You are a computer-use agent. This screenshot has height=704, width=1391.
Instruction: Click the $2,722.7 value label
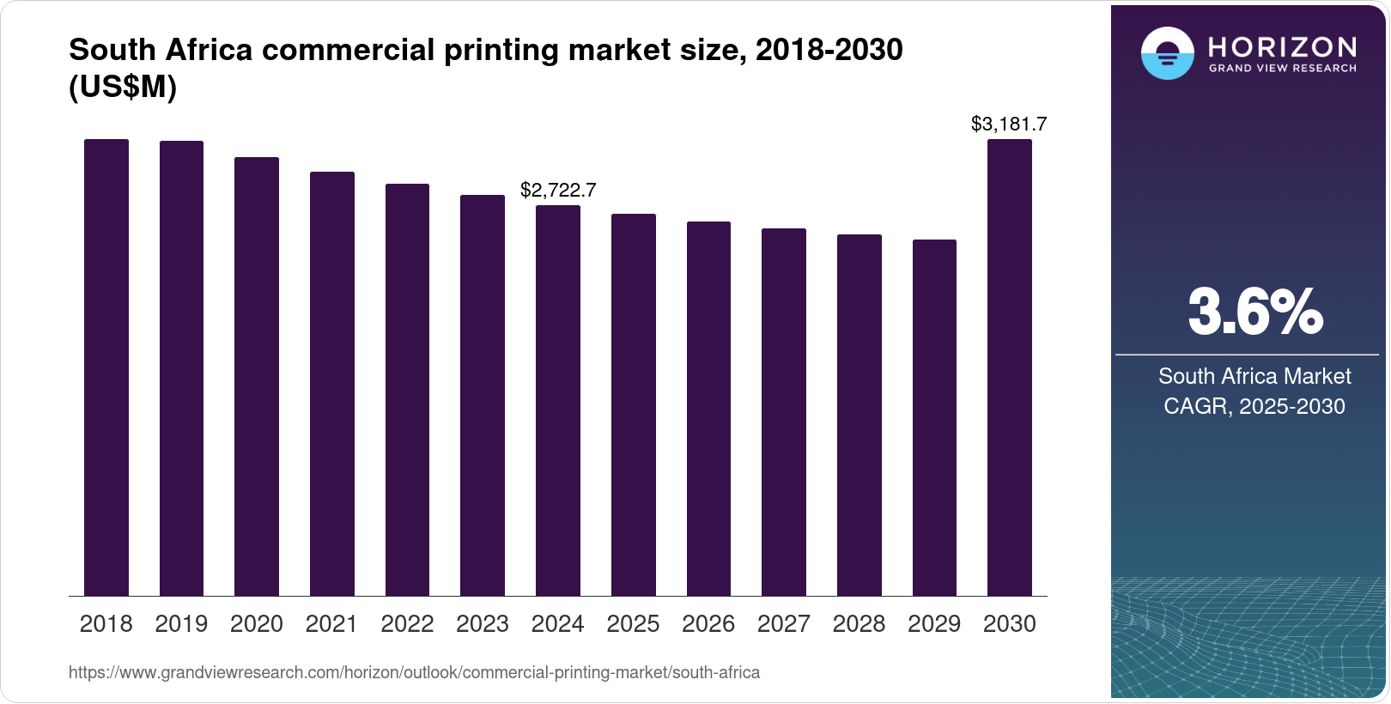pos(558,190)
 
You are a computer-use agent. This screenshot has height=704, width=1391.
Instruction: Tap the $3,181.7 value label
pos(1009,124)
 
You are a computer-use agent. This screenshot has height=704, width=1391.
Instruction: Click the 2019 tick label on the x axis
pos(181,624)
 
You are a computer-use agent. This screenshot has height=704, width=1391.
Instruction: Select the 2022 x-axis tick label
pos(407,624)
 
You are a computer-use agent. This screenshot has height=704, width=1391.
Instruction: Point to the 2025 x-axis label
pos(633,624)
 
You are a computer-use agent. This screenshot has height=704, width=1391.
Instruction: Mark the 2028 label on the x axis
pos(859,624)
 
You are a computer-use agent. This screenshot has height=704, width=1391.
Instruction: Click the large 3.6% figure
pos(1254,312)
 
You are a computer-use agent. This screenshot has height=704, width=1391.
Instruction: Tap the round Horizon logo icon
pos(1167,53)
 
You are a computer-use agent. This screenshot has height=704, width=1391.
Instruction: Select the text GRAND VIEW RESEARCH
pos(1283,68)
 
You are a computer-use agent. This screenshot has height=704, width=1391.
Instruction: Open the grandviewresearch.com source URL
pos(414,672)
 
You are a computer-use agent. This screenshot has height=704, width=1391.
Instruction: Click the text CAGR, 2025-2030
pos(1254,406)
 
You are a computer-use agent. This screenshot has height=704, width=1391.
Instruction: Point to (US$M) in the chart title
pos(123,88)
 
